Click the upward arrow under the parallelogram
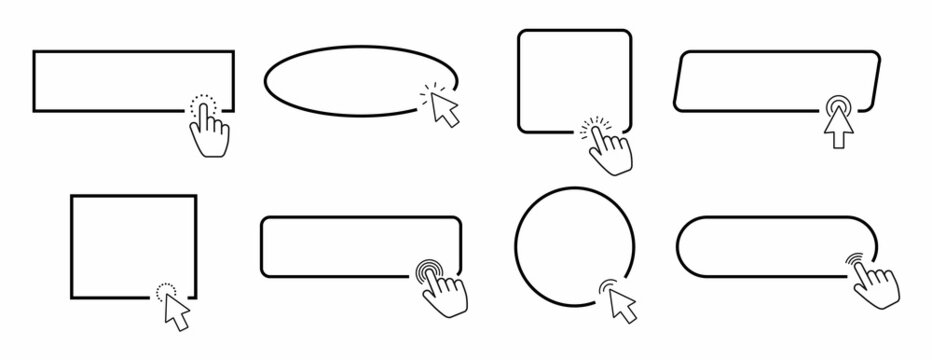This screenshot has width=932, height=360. (x=835, y=128)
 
